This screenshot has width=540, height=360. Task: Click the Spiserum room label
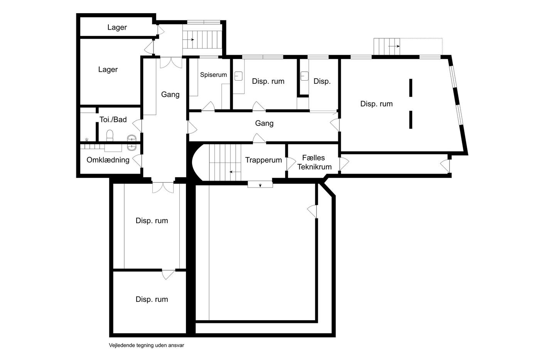click(213, 75)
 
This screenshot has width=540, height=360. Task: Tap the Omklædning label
click(108, 160)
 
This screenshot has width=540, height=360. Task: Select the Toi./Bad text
click(113, 119)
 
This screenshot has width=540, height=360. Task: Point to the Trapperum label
click(263, 160)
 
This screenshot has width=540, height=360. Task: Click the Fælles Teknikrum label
click(314, 162)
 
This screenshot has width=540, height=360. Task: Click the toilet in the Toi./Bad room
click(110, 135)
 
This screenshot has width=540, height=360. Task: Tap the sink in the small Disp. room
click(304, 76)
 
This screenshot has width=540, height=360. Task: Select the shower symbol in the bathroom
click(86, 140)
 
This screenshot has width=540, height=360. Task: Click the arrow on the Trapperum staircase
click(235, 172)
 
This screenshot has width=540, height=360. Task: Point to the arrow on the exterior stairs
click(394, 46)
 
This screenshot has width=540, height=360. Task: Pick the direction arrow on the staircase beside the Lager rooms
click(189, 40)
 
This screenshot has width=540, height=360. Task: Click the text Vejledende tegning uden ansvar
click(146, 345)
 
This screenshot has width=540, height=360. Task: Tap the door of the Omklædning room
click(137, 161)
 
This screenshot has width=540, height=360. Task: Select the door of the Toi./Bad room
click(137, 126)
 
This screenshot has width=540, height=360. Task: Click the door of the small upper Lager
click(160, 31)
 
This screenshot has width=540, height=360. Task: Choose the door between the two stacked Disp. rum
click(168, 275)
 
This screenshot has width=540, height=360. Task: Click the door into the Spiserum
click(208, 106)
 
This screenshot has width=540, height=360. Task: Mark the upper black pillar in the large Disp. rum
click(410, 88)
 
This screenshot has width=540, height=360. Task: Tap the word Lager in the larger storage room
click(108, 69)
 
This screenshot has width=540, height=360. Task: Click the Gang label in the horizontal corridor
click(264, 123)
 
